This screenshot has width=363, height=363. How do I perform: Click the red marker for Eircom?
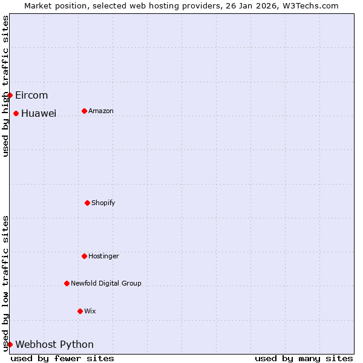tap(10, 95)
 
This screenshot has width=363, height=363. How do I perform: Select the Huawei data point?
tap(16, 113)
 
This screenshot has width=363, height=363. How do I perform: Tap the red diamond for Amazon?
tap(84, 111)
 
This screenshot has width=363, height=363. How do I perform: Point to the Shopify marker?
tap(87, 203)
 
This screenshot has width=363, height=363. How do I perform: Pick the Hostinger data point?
tap(84, 256)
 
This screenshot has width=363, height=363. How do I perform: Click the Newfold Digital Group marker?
tap(67, 283)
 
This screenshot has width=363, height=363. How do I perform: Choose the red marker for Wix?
tap(80, 311)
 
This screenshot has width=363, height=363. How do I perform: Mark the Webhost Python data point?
tap(10, 344)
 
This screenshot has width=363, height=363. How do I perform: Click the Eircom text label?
tap(31, 95)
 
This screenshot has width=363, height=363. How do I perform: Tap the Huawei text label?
tap(39, 113)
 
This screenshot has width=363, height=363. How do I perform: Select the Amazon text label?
tap(101, 111)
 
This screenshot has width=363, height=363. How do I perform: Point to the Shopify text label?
tap(103, 203)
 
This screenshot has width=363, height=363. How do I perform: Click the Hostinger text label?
tap(104, 256)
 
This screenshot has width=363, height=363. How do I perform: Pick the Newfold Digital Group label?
tap(106, 283)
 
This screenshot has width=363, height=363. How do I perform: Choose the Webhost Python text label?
tap(54, 344)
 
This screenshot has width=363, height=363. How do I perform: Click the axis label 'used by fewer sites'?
tap(62, 358)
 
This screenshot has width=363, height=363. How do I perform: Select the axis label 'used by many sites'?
tap(304, 358)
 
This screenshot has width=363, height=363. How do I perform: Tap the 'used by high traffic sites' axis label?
tap(5, 86)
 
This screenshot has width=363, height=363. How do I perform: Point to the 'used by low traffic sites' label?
tap(5, 283)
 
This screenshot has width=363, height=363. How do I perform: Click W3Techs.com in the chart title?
tap(313, 5)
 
